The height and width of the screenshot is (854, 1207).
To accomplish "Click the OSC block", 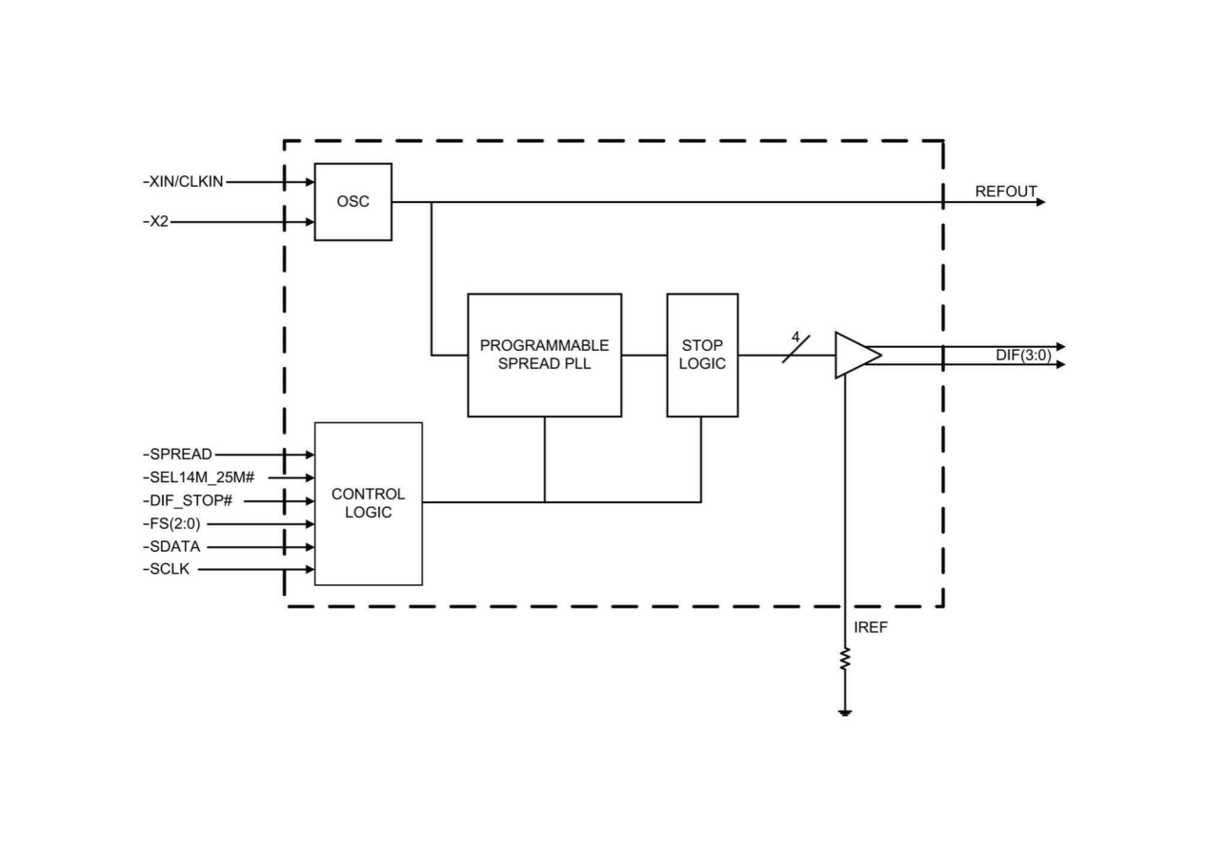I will click(352, 202).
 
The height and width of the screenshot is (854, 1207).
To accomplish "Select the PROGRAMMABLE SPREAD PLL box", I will click(544, 355).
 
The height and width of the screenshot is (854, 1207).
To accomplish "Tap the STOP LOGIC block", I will click(702, 355).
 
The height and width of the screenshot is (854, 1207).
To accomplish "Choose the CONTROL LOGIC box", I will click(368, 503).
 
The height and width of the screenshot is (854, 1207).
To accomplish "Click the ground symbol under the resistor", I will click(844, 711).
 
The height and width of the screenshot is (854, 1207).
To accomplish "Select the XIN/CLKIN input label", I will click(184, 181).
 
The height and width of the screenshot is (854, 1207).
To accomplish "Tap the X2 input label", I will click(155, 223).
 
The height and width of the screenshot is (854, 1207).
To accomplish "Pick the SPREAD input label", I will click(178, 455).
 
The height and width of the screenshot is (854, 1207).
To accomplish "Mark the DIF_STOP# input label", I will click(189, 500).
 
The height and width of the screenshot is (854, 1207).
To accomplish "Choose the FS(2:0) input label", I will click(172, 524).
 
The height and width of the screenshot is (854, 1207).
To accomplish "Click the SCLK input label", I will click(171, 570).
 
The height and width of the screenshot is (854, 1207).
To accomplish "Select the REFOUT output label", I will click(1005, 192).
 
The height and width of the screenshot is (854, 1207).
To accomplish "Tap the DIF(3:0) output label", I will click(1024, 356).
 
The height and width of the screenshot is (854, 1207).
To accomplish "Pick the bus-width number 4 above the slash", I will click(795, 336).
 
